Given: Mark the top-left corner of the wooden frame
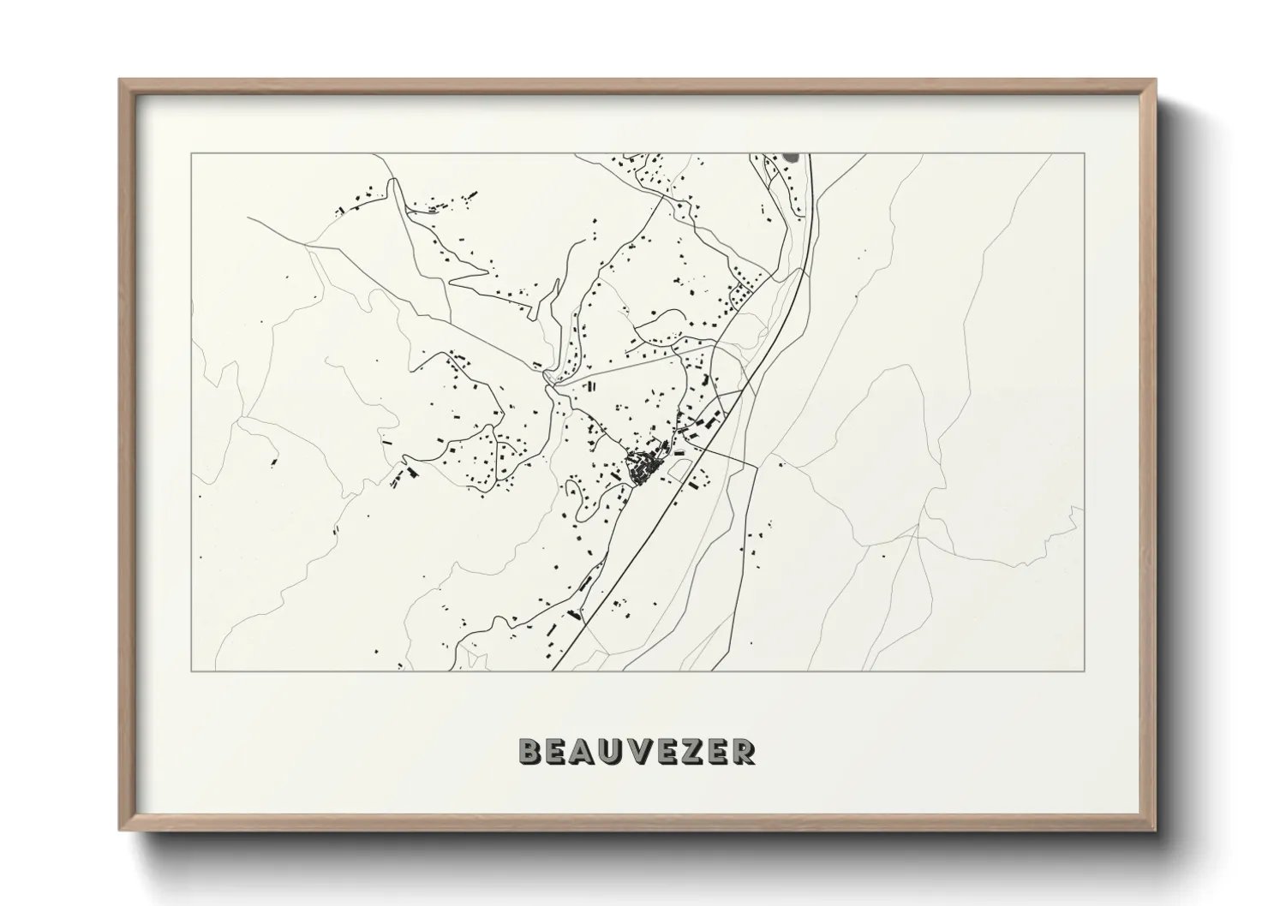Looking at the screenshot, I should click(119, 80).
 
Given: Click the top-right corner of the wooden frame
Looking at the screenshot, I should click(1156, 80).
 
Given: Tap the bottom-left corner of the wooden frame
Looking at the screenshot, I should click(119, 830).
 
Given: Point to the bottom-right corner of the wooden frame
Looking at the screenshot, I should click(1156, 830).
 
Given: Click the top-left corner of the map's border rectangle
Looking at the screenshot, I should click(191, 153).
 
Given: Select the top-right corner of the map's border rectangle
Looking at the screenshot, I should click(1085, 153).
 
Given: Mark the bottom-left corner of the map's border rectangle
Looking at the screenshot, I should click(191, 671).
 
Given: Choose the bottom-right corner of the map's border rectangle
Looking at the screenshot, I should click(1085, 671).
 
